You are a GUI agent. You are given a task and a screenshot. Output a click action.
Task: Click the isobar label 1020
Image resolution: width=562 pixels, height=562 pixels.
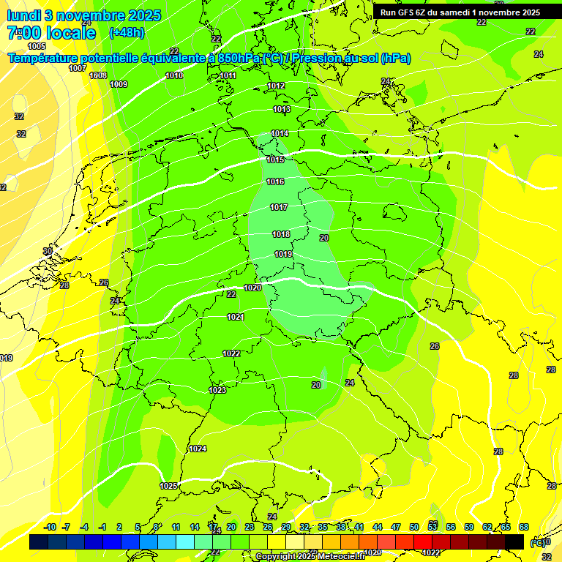(252, 288)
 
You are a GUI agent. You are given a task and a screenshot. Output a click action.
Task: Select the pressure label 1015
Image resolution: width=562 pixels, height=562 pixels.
(275, 160)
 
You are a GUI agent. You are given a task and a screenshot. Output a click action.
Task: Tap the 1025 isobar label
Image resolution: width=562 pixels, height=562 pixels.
(168, 486)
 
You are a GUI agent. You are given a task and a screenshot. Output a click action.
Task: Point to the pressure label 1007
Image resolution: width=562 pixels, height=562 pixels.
(78, 68)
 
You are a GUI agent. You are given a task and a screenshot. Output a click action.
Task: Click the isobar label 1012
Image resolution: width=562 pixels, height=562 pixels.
(276, 86)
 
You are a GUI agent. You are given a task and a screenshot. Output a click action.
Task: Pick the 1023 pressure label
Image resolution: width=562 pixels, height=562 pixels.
(217, 390)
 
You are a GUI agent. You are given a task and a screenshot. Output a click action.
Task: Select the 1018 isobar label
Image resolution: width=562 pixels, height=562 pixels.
(281, 234)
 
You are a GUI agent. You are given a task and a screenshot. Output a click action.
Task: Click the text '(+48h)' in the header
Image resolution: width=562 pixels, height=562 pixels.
(127, 32)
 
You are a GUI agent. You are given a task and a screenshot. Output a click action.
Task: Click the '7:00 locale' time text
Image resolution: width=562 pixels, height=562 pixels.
(51, 33)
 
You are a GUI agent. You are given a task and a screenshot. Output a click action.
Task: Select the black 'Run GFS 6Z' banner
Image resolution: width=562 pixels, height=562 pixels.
(460, 12)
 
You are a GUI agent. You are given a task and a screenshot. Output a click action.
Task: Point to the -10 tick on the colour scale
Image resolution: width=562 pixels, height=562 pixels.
(50, 527)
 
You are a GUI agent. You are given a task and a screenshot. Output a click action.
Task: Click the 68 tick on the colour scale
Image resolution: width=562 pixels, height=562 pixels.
(524, 527)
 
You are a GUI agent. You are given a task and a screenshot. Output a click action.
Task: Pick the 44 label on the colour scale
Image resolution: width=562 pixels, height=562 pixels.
(378, 527)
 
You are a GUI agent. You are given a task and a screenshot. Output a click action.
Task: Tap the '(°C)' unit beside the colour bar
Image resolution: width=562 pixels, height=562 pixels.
(538, 542)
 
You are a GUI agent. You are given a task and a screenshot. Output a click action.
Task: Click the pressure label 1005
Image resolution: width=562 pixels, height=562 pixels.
(37, 231)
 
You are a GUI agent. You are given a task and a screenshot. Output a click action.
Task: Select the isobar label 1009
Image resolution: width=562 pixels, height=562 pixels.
(119, 84)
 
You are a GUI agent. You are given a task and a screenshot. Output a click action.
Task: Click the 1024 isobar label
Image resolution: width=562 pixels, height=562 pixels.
(198, 449)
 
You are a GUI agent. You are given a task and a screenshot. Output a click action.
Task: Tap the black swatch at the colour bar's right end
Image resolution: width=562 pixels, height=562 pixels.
(514, 542)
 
